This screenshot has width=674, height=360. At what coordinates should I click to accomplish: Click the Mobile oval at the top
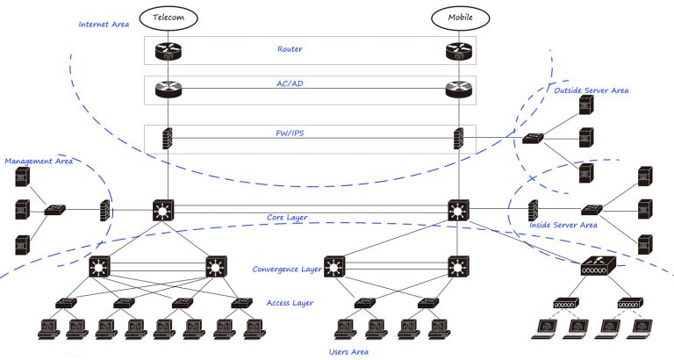point(459,17)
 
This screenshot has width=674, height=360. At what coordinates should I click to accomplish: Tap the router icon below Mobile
point(458,51)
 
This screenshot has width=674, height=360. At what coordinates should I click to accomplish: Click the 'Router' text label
point(290,49)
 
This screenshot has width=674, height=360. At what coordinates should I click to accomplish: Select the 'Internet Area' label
point(104,24)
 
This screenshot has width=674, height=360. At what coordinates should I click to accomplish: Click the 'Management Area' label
point(38,162)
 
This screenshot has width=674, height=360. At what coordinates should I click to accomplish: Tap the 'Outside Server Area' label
point(591,90)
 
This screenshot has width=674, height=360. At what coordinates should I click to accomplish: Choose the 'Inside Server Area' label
point(563,226)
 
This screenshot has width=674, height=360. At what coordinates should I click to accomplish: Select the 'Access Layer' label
point(290,303)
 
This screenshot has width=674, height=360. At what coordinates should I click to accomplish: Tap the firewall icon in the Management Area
point(104,211)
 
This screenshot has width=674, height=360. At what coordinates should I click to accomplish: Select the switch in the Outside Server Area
point(532,139)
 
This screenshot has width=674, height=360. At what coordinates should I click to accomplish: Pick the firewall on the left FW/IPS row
point(165,139)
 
